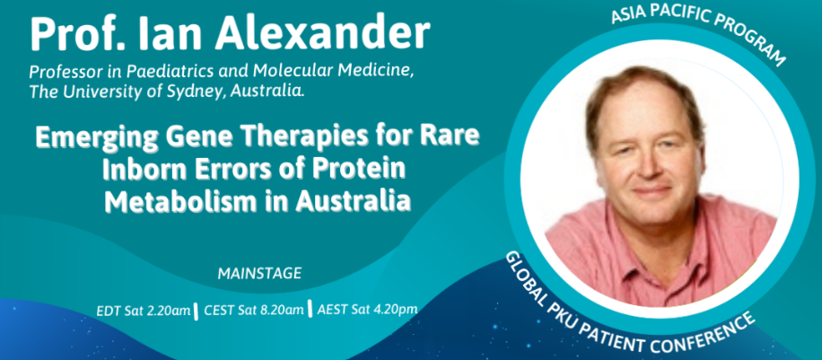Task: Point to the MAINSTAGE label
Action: coord(259,274)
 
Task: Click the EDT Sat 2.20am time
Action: coord(143,312)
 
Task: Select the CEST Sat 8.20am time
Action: coord(254,310)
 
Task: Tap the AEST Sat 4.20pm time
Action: coord(368,309)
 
